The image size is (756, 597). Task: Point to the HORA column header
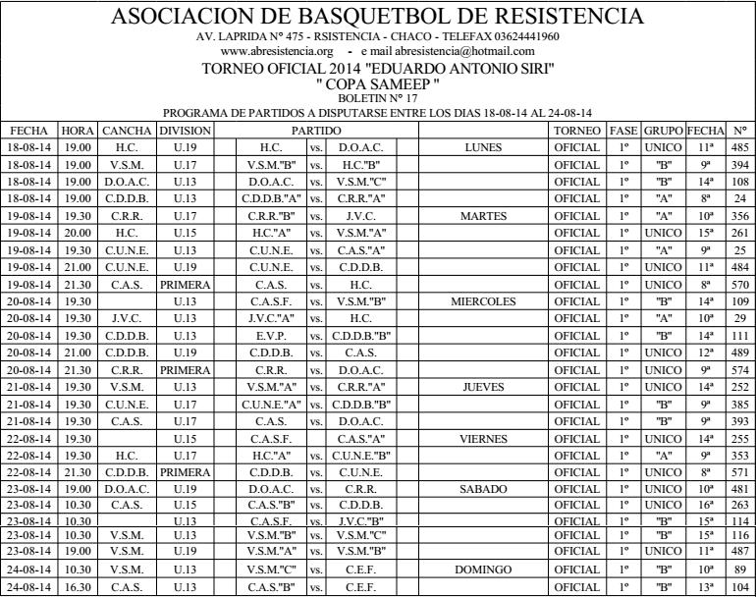(77, 131)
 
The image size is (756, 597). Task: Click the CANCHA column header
(127, 131)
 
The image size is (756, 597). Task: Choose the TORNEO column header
(576, 131)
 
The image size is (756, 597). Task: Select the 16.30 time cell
(77, 587)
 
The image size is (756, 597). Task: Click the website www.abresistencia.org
(279, 51)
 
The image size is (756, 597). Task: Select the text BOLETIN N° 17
(377, 98)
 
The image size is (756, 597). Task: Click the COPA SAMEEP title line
(377, 85)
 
